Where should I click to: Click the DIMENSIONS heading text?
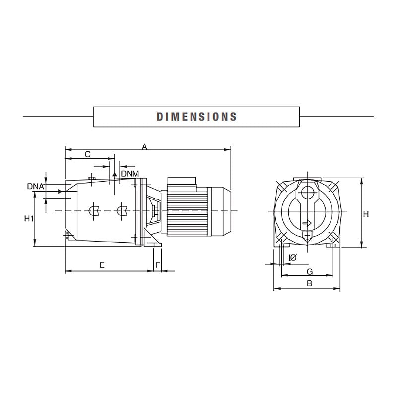click(197, 117)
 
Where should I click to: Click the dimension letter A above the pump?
click(144, 147)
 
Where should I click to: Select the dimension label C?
click(87, 154)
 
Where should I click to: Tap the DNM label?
click(130, 173)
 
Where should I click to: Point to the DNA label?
click(36, 186)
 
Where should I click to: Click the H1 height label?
click(29, 218)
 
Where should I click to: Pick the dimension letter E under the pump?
click(102, 265)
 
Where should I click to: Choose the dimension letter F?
click(158, 265)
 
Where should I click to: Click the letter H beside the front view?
click(366, 214)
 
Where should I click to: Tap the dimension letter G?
click(309, 271)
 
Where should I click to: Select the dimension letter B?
click(309, 284)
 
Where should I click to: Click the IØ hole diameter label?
click(292, 257)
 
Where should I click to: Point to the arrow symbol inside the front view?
click(307, 224)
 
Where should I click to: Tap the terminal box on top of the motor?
click(182, 182)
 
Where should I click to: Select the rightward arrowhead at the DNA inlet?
click(61, 191)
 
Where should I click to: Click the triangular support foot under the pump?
click(155, 244)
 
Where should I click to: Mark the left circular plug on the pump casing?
click(93, 211)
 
